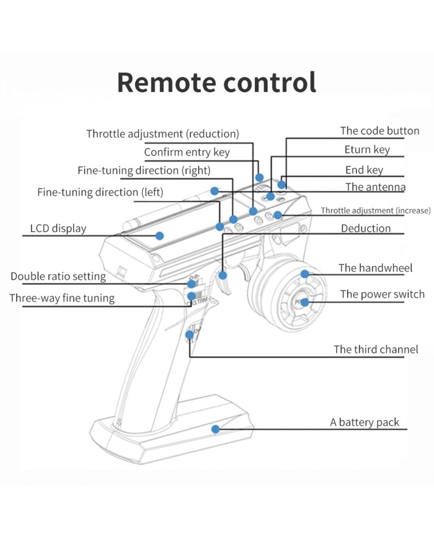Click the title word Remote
(167, 82)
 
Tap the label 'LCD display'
(58, 228)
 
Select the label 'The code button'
(379, 131)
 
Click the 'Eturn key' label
(367, 150)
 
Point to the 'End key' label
(364, 170)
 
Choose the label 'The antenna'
(375, 187)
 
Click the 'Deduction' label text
(366, 228)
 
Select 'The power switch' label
(382, 294)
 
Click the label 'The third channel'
(376, 349)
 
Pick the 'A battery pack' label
(365, 422)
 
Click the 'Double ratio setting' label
(58, 277)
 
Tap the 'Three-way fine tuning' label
(62, 298)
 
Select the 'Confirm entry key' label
(187, 152)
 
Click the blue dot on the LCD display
(159, 236)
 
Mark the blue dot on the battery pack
(215, 429)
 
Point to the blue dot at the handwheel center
(304, 302)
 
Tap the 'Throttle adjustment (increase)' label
(375, 211)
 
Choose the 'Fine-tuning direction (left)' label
(100, 192)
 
